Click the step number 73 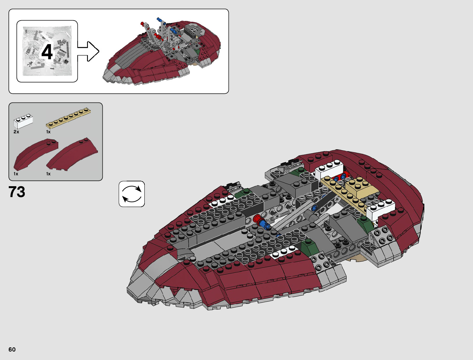[17, 192]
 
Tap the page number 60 [12, 349]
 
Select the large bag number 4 [47, 52]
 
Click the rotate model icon [132, 194]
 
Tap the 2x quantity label [16, 132]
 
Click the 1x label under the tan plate [48, 132]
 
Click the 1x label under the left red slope [16, 174]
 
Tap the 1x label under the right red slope [48, 174]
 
